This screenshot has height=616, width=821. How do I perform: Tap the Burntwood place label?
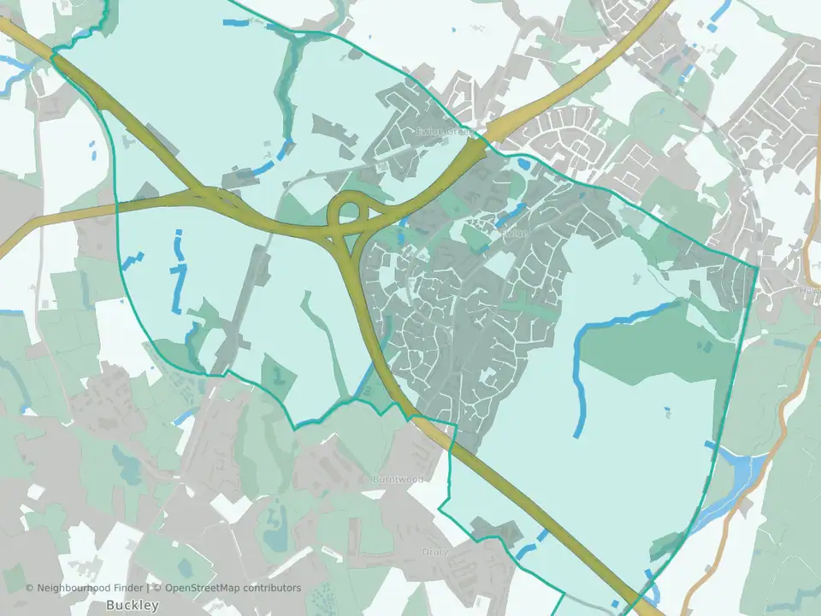coord(399,479)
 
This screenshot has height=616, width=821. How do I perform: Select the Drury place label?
coord(434,552)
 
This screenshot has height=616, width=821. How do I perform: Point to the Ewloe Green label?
coord(443,133)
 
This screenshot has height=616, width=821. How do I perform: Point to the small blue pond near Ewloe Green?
coord(523,162)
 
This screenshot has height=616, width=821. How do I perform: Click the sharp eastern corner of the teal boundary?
coord(757,268)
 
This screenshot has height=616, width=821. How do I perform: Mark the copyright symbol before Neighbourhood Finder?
coord(30,588)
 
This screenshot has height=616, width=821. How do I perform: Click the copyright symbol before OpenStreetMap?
coord(157,588)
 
